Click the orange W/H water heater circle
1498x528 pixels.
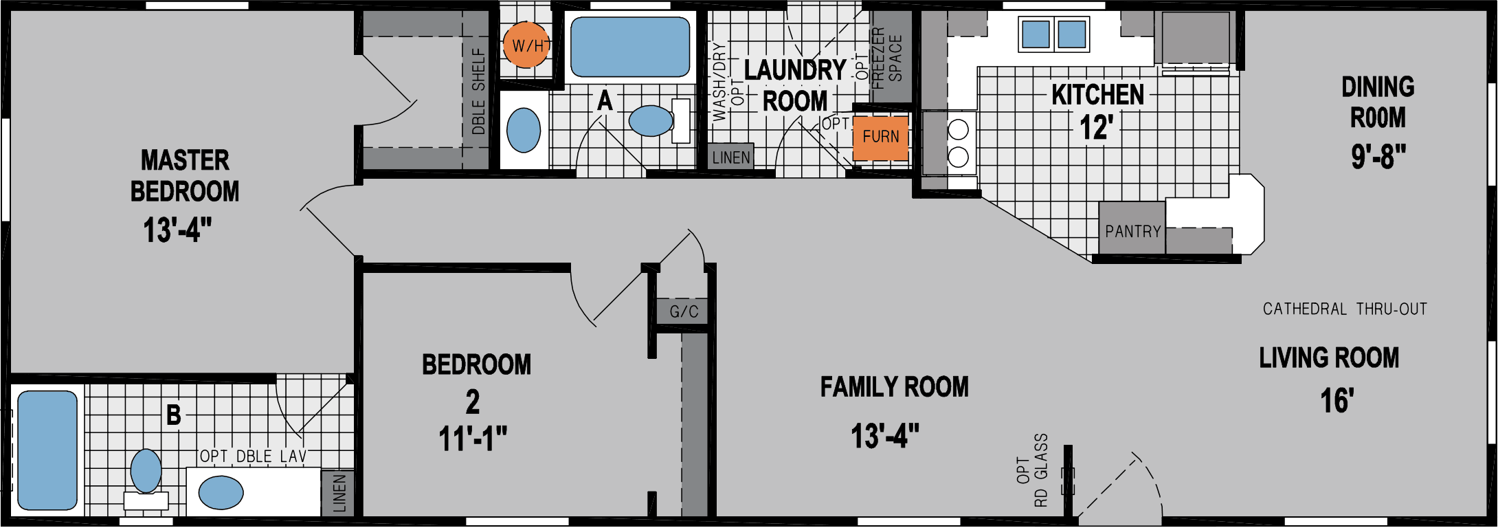click(527, 45)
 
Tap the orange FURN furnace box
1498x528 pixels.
click(881, 137)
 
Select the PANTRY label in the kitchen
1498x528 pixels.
click(1132, 232)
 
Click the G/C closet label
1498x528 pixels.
click(684, 312)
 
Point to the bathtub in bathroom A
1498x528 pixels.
click(630, 46)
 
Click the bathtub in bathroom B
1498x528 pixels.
click(47, 450)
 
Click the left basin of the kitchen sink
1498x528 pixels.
click(1036, 34)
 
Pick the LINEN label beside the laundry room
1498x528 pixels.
click(731, 157)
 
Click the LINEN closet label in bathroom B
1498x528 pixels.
click(339, 493)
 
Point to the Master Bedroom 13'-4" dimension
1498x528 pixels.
click(177, 230)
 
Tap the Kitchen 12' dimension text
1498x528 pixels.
click(1096, 128)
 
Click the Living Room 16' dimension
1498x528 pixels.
click(1337, 401)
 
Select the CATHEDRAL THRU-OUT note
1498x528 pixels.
click(1345, 309)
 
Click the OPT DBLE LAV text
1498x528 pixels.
click(253, 456)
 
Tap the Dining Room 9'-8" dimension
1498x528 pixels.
click(1378, 157)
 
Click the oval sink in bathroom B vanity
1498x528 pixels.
click(221, 492)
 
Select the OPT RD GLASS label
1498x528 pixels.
click(1032, 470)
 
